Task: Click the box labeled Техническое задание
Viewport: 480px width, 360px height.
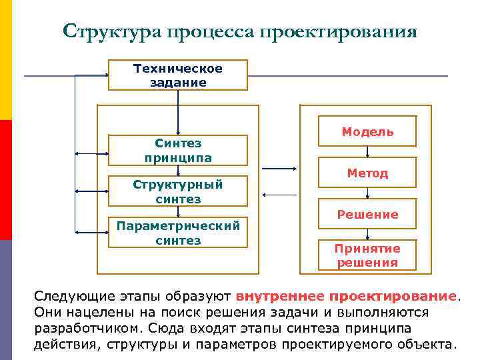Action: coord(178,75)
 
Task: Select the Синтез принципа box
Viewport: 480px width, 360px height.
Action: coord(178,151)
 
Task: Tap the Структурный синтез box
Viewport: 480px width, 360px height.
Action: coord(178,191)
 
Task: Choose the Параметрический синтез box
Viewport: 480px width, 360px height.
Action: coord(178,233)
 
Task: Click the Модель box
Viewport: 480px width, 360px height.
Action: coord(367,131)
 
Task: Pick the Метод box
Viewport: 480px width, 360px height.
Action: coord(367,173)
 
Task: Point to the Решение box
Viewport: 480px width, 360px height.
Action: coord(367,214)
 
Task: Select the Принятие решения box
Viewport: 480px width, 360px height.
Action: coord(367,255)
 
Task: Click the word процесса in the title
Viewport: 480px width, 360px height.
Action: coord(208,32)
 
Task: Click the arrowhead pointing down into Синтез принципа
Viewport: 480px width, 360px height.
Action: coord(178,132)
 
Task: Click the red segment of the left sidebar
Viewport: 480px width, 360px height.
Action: coord(6,180)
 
